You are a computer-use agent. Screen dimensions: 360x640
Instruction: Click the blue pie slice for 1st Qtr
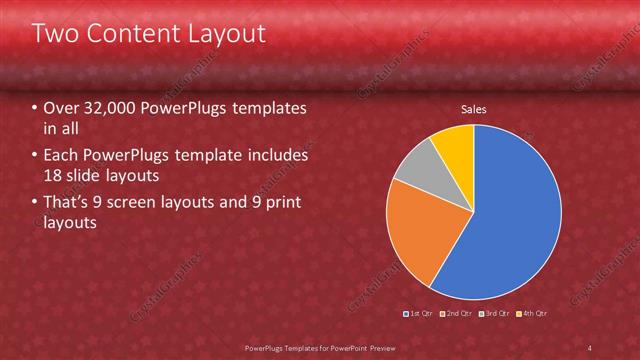(x=510, y=220)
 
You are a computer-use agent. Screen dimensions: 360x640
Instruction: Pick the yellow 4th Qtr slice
(x=454, y=142)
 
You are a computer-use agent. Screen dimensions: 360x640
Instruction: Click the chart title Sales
(x=474, y=110)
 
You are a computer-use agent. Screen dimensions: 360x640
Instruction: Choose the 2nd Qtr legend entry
(x=457, y=313)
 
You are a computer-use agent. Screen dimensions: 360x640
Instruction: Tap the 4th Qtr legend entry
(x=533, y=313)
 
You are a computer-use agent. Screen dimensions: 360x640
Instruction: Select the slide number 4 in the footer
(x=590, y=347)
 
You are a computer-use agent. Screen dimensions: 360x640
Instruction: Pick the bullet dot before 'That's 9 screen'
(x=35, y=204)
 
